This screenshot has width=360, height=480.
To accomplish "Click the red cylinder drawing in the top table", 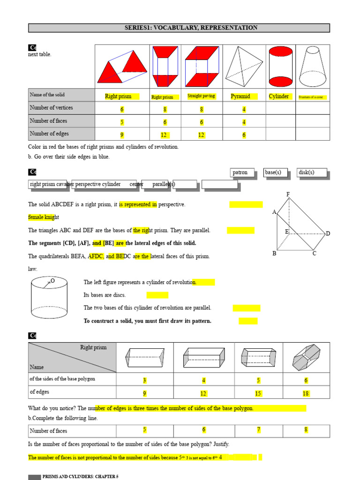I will click(x=280, y=66).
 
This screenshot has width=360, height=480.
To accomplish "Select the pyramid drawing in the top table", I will click(x=244, y=66).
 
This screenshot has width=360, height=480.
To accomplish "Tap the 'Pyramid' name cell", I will click(x=240, y=97).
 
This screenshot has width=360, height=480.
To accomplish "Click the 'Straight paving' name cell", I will click(x=201, y=96).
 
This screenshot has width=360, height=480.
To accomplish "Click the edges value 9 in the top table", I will click(x=122, y=135).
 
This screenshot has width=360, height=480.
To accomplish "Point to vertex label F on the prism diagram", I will click(x=288, y=194).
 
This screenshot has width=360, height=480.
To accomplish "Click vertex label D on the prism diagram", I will click(x=328, y=233).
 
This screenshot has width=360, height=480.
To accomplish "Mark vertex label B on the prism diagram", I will click(x=274, y=254).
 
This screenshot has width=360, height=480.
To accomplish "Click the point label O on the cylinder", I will click(x=52, y=280).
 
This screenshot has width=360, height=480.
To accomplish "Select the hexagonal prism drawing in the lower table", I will click(x=306, y=358).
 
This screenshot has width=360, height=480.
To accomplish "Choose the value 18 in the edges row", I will click(x=306, y=394).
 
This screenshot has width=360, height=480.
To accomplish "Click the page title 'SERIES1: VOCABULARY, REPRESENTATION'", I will click(x=179, y=28).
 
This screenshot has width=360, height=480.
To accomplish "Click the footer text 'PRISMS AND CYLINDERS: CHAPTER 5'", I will click(x=80, y=477).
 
